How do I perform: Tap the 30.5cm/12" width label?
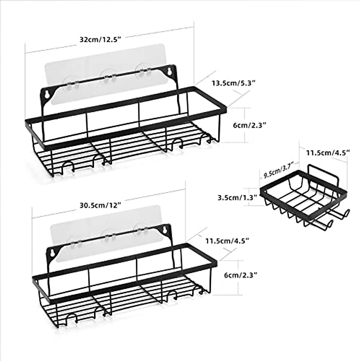coord(100,206)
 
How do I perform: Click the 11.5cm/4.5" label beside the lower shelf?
coord(227,241)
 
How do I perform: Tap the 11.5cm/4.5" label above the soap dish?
coord(328,153)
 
